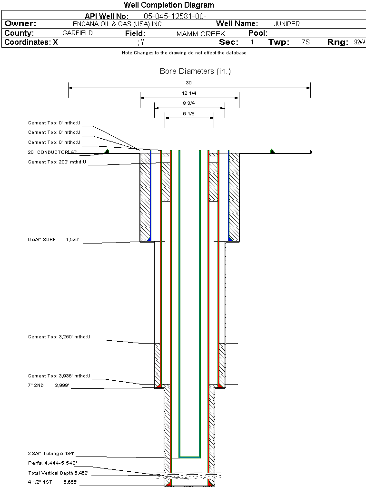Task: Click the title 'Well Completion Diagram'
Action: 168,5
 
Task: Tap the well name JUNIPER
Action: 287,24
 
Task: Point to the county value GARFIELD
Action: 78,33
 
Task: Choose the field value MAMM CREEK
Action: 200,34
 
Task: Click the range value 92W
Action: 359,42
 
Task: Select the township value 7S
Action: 306,42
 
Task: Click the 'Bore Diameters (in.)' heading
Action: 195,71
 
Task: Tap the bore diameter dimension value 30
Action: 189,83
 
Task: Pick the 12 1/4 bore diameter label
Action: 189,93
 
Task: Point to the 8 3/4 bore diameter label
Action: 189,103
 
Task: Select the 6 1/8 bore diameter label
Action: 189,113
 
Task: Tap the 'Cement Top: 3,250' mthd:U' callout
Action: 59,337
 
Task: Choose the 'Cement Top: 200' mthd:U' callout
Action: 57,162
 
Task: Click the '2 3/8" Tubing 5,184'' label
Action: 51,453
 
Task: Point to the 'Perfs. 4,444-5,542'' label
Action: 52,463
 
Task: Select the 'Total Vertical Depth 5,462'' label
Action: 58,473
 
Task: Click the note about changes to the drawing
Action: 184,53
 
